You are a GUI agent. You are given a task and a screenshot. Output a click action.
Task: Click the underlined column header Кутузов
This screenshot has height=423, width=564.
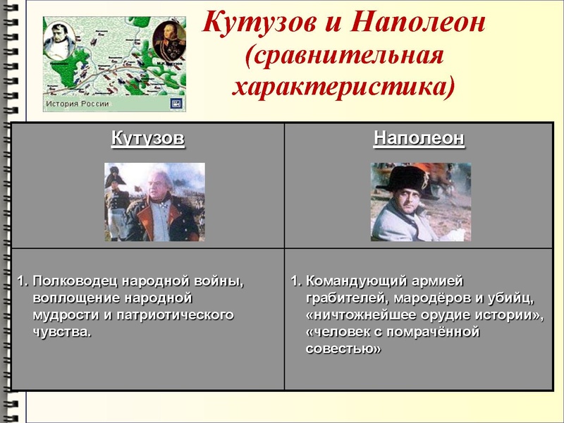148,138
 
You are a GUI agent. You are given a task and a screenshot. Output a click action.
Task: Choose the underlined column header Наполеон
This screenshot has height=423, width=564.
419,138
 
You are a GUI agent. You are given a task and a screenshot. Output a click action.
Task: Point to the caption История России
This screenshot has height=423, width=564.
78,104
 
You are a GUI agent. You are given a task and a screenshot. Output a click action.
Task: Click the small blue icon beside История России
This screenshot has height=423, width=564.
176,104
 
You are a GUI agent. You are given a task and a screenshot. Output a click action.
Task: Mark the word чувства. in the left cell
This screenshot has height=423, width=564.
62,331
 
